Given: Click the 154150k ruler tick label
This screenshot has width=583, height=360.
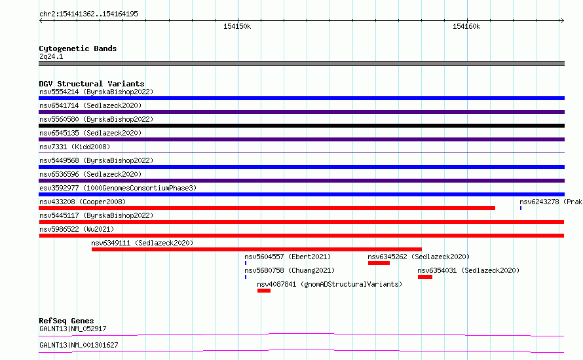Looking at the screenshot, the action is pos(237,26).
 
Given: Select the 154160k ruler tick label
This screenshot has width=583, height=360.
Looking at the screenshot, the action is pos(466,26).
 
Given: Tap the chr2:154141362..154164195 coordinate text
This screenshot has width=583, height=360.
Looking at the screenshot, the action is pos(88,14).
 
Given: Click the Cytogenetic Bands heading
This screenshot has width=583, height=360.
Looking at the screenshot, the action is pos(78,48).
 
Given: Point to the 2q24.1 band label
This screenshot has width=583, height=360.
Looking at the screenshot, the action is pos(51,56).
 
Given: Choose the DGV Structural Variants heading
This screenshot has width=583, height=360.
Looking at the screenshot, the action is pos(92,84).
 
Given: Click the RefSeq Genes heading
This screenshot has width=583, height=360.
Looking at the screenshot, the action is pos(66,321).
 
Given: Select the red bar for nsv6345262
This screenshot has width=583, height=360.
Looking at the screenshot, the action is pos(379,263).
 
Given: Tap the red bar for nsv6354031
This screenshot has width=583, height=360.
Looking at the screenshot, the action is pos(425,277).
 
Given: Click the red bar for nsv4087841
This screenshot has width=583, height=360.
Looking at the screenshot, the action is pos(264,291).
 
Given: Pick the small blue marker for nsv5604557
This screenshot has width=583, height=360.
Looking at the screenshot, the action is pos(246,263).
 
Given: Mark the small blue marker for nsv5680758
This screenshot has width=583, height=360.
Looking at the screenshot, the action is pos(246,277).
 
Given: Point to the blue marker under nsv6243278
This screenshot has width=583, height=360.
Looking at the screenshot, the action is pos(521,208).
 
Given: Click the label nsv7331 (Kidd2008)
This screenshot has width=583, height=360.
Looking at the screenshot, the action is pos(75,147).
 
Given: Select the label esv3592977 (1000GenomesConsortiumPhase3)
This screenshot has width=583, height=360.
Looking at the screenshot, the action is pos(118,188).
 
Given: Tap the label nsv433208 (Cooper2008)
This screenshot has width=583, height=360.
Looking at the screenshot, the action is pos(83,202).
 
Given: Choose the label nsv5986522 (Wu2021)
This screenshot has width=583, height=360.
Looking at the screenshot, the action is pos(77,229).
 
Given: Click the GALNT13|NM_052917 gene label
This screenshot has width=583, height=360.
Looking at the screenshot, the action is pos(73,329).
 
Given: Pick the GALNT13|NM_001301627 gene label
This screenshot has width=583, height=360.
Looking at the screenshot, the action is pos(79,345).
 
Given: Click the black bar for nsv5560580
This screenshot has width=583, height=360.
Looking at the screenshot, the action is pos(301,126).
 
